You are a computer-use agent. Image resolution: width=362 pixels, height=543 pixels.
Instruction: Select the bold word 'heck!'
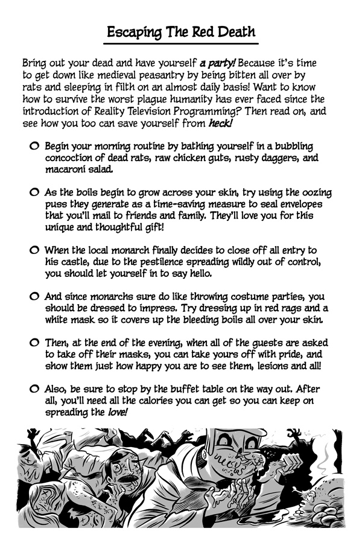tap(220, 123)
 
